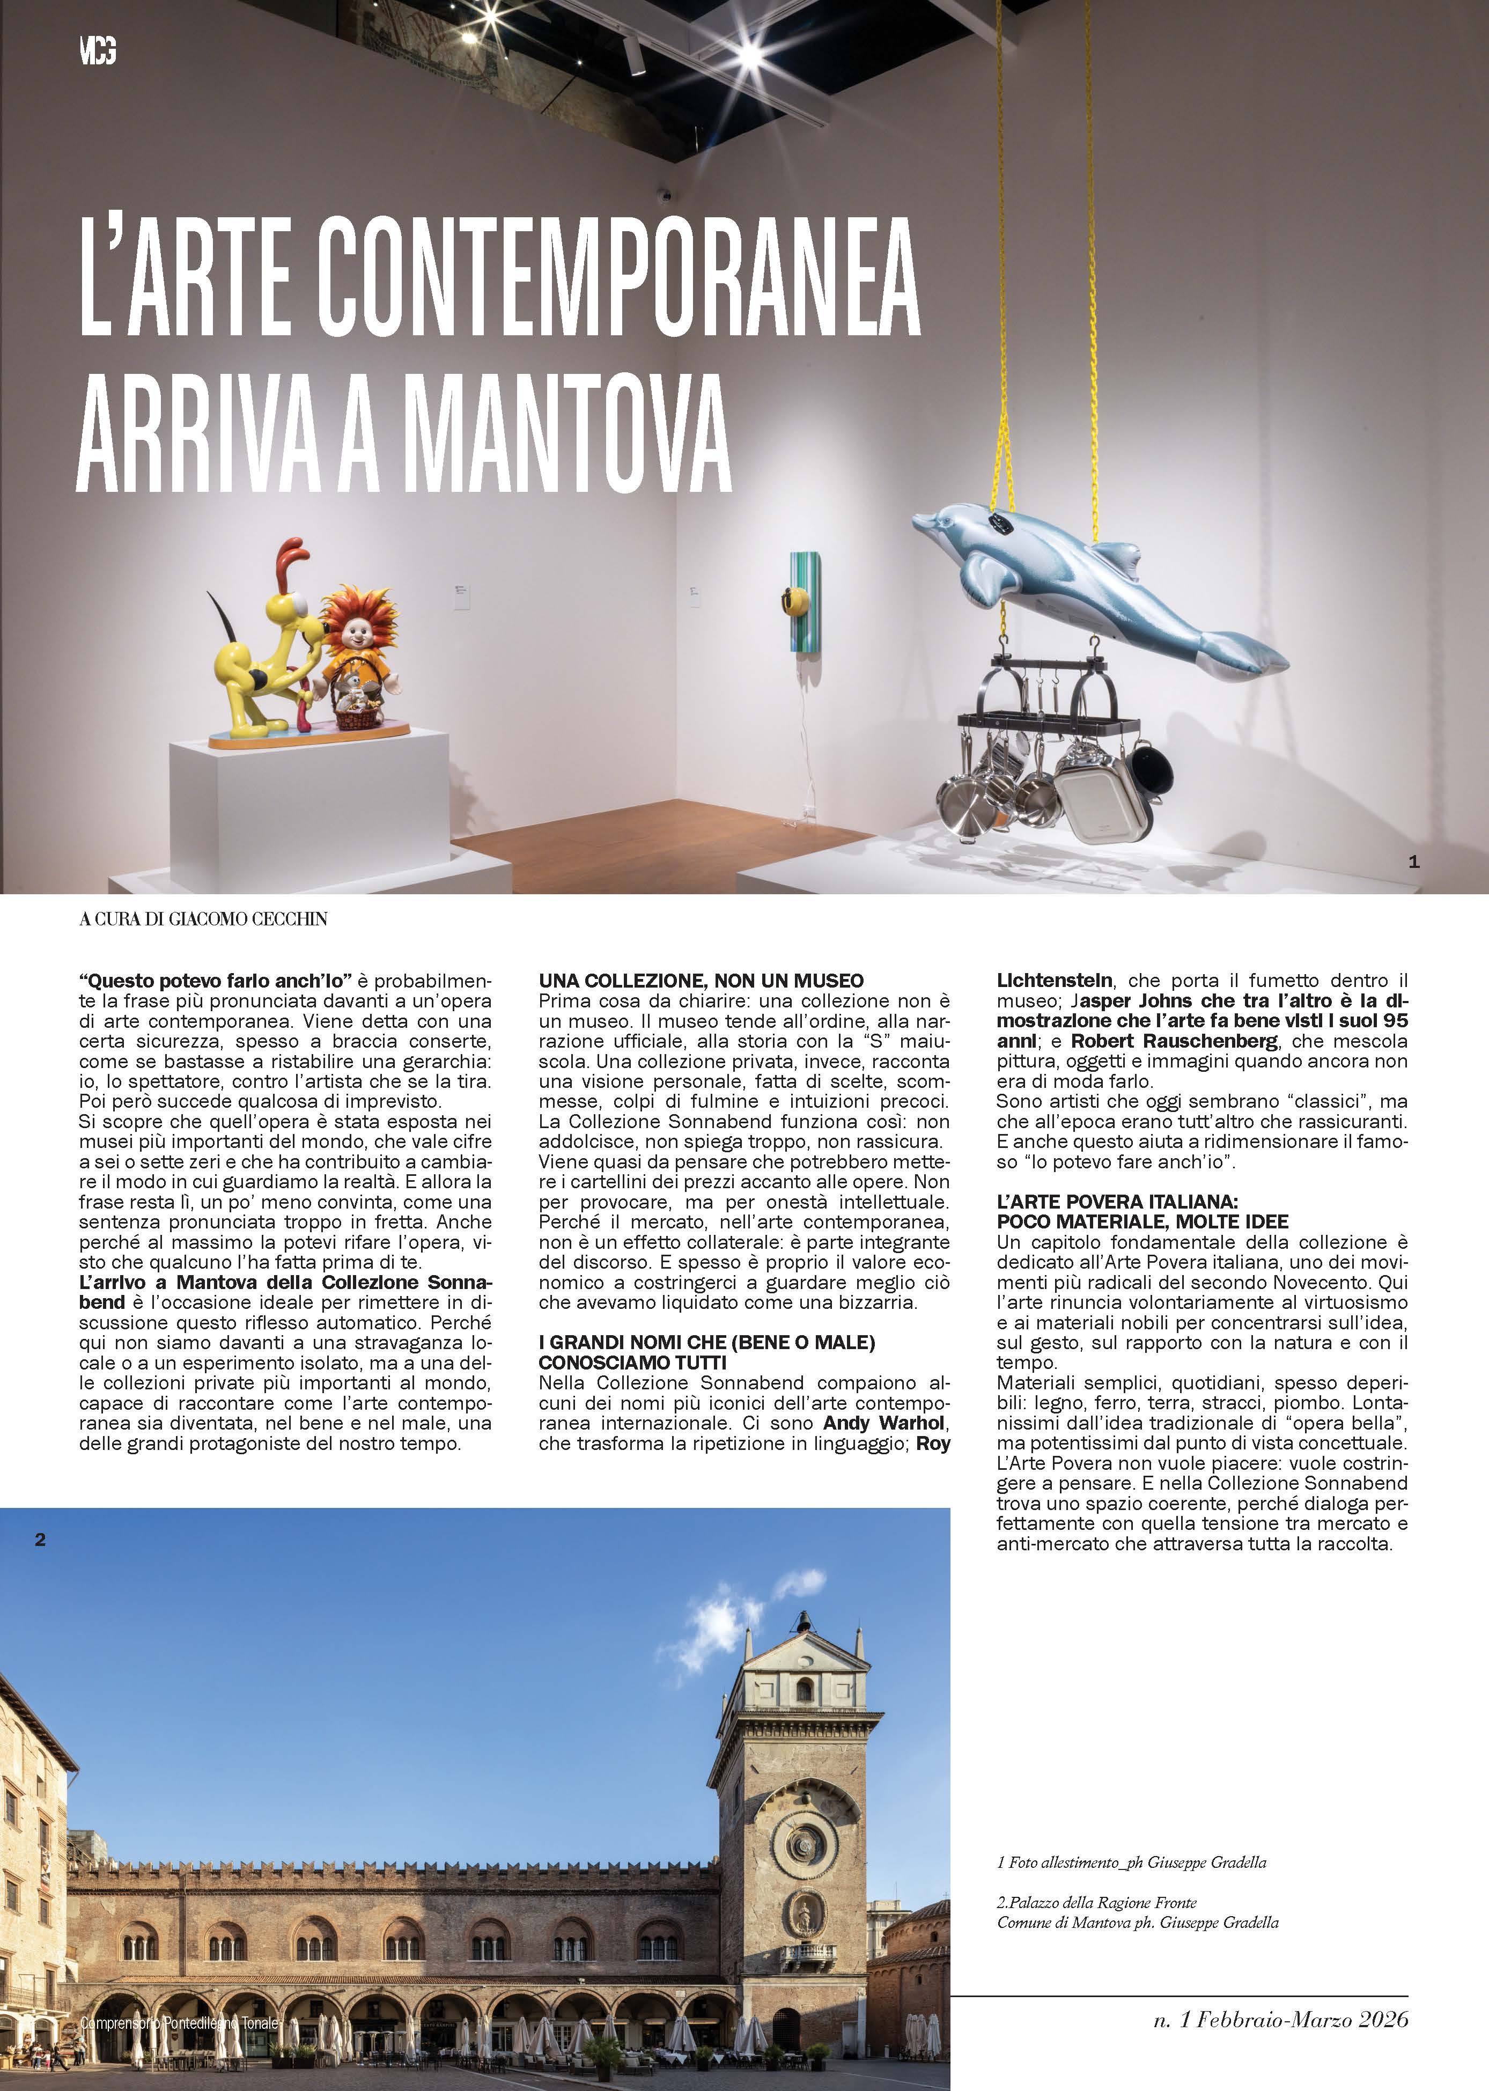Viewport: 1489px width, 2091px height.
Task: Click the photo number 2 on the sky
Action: coord(40,1539)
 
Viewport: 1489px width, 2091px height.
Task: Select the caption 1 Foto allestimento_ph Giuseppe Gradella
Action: coord(1131,1836)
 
